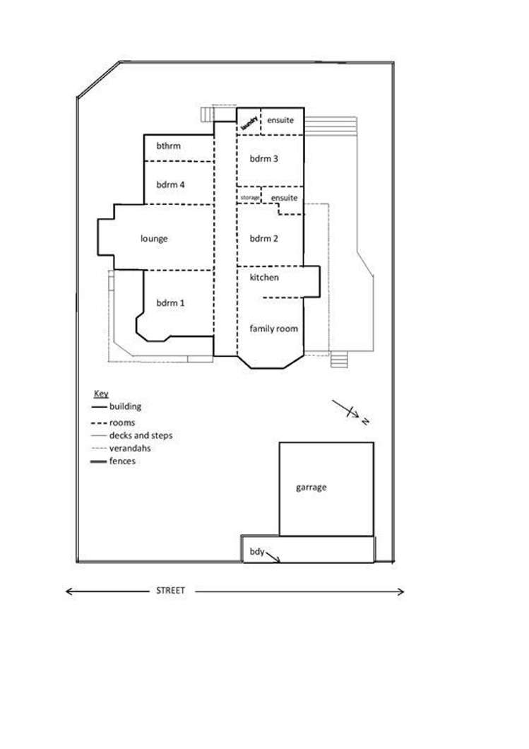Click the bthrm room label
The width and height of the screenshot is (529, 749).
coord(168,146)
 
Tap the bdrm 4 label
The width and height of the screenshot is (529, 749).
coord(170,185)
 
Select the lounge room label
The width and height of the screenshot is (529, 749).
coord(154,239)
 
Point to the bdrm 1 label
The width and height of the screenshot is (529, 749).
coord(170,303)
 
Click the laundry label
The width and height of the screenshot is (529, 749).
coord(248,122)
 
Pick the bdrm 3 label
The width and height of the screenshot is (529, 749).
coord(263,159)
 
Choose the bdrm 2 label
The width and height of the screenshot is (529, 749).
coord(263,239)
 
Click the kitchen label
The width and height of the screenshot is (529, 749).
coord(264,278)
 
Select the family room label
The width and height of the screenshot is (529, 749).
coord(273,329)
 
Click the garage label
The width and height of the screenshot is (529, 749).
coord(311,488)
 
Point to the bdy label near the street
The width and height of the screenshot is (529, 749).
coord(256,552)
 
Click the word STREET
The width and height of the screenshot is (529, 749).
coord(170,591)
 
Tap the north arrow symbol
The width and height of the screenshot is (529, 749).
coord(351,412)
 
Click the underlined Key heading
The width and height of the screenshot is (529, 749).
coord(101,394)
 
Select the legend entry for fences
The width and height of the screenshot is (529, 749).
coord(122,461)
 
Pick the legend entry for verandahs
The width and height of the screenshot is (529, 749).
coord(130,448)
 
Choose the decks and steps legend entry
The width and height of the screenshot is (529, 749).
coord(141,435)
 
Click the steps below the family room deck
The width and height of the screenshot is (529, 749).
coord(340,360)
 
